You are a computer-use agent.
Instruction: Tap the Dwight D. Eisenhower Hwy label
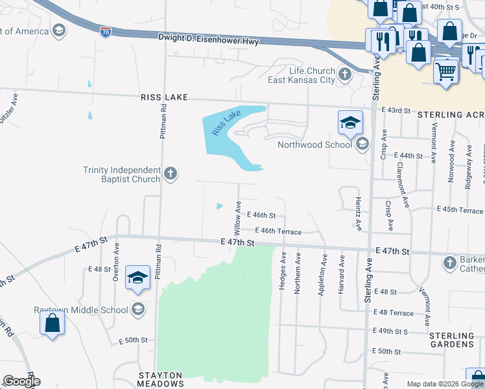click(208, 40)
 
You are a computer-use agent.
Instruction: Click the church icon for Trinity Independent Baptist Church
click(171, 173)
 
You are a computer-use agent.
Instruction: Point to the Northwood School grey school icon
click(362, 144)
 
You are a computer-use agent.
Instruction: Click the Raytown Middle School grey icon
click(137, 309)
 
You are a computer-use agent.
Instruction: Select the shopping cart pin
click(445, 71)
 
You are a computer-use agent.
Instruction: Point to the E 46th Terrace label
click(278, 231)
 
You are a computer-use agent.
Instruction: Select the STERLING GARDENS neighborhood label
click(452, 340)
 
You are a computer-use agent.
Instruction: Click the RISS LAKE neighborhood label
click(164, 97)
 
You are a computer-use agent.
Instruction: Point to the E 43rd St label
click(396, 111)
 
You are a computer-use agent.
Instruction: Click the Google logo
click(21, 381)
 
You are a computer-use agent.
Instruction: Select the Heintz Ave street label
click(357, 212)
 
